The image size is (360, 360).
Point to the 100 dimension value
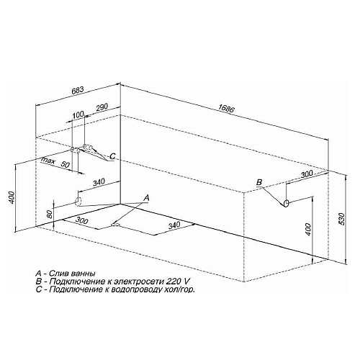[78, 116]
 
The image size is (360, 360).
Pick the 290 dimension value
[101, 107]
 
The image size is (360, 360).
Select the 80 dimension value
[48, 214]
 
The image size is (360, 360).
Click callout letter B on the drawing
[259, 183]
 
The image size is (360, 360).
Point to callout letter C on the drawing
[112, 156]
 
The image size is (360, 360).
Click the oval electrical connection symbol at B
[287, 204]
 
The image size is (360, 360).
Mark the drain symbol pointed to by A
[115, 225]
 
